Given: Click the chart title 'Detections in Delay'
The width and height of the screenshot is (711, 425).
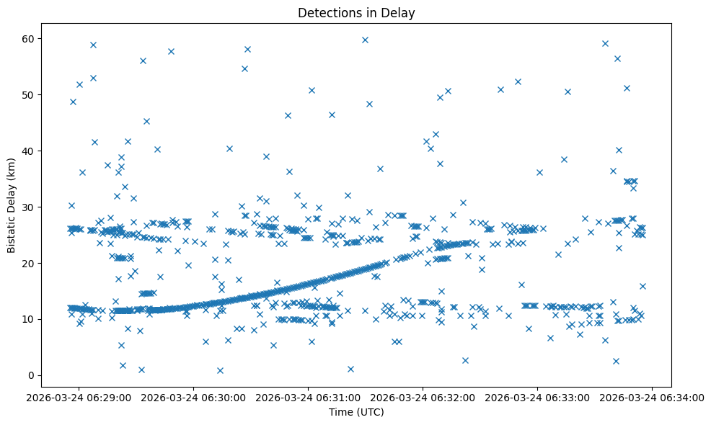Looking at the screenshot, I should [x=356, y=12].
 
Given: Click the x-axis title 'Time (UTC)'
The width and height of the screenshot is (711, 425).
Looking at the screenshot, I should [x=356, y=412].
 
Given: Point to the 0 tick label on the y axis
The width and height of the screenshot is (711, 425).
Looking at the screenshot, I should [x=32, y=375].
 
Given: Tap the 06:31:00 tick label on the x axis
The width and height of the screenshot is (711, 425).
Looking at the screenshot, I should [x=309, y=397].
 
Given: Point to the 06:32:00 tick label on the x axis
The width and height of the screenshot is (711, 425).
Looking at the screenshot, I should [x=423, y=397].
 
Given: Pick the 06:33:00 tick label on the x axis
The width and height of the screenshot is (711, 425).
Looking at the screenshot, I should [x=538, y=397].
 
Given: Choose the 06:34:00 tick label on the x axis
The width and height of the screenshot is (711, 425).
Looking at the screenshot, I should [x=653, y=397].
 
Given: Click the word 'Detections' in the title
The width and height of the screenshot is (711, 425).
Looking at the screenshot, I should [x=328, y=12].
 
